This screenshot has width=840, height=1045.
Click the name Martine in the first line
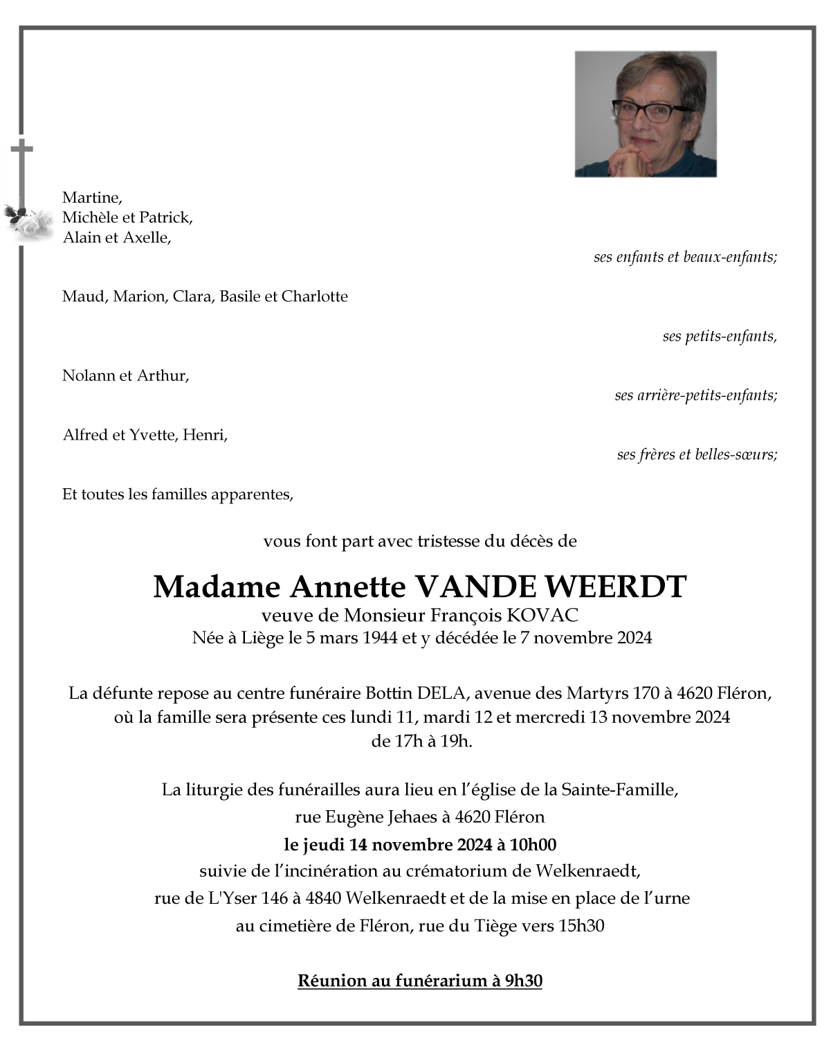pos(91,198)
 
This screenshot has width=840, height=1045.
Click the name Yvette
pos(152,436)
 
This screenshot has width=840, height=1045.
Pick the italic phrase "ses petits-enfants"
pos(719,337)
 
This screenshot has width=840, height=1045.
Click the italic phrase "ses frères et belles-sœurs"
pos(697,455)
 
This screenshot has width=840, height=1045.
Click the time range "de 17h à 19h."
pos(422,741)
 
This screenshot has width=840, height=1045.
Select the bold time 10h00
pos(533,845)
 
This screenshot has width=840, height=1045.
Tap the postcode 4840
pos(323,899)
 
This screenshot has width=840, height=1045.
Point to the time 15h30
pos(582,926)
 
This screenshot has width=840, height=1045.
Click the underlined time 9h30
pos(523,981)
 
